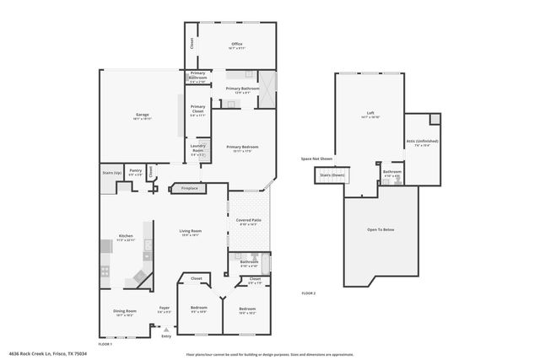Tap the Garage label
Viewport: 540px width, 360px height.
143,116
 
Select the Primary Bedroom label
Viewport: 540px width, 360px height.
242,147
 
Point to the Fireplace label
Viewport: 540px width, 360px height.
190,188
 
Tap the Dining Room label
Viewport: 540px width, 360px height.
125,311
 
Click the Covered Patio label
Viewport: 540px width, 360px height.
248,221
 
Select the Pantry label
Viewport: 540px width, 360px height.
135,169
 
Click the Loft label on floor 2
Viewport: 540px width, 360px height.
370,113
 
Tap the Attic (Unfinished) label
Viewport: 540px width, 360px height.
423,142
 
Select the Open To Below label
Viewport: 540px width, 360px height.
381,229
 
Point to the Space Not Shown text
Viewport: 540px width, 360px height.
317,159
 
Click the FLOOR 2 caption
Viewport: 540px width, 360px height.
308,293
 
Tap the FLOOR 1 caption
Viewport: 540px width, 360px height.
105,343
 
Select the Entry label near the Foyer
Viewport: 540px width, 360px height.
166,336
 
